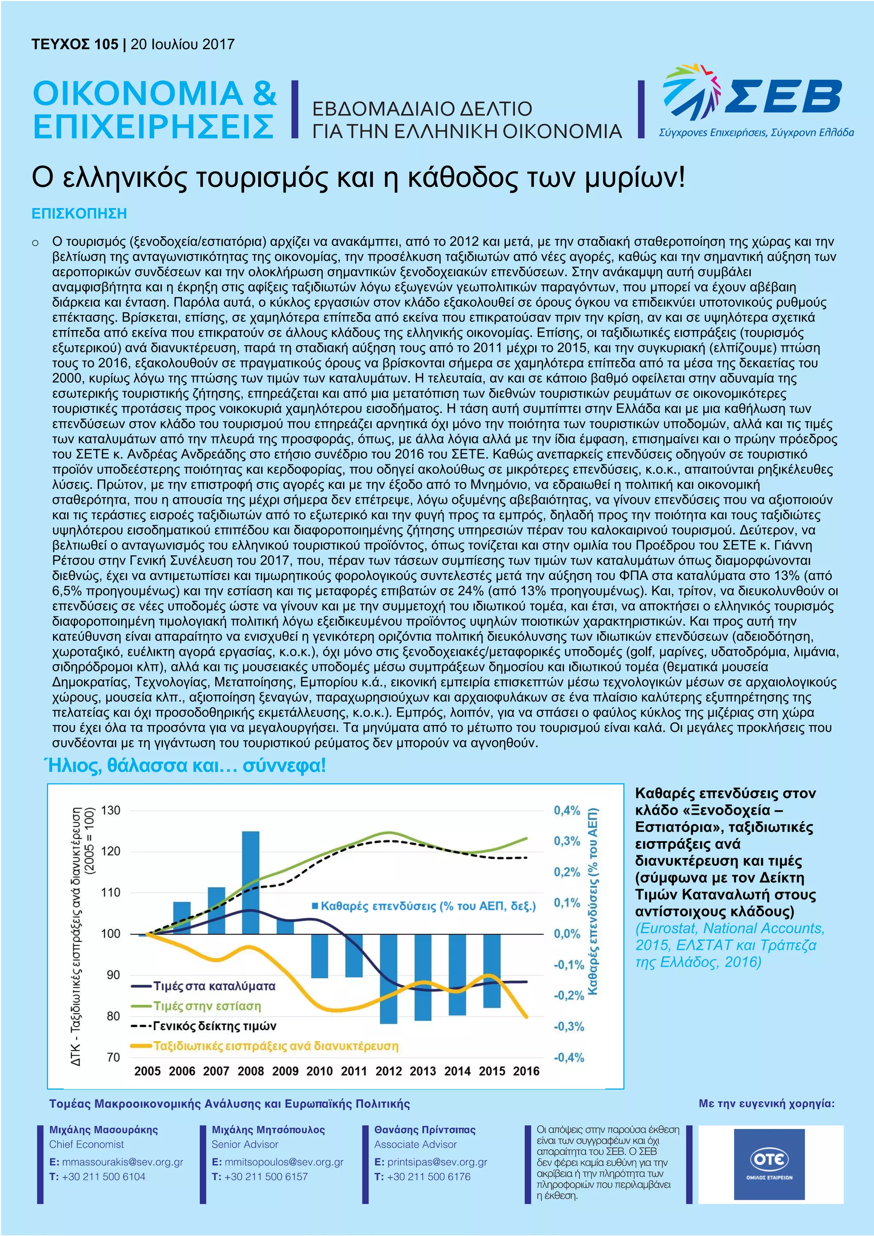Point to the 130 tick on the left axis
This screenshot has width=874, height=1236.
111,810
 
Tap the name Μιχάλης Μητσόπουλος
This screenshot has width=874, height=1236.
268,1129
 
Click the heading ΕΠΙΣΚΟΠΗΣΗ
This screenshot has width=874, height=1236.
79,214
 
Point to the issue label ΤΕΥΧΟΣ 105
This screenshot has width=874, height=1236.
74,44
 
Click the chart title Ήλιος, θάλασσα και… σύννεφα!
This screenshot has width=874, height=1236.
187,765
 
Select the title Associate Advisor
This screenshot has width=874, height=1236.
415,1144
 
